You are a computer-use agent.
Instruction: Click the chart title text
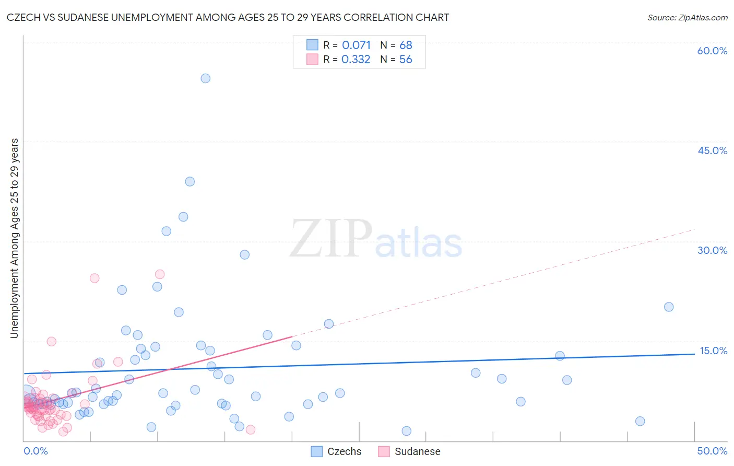point(228,17)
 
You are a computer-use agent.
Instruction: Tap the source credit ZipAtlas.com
point(687,17)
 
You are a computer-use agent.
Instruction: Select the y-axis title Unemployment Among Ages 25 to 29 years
point(14,238)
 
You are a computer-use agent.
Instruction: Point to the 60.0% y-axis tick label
point(712,51)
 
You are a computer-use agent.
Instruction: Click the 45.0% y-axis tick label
point(712,150)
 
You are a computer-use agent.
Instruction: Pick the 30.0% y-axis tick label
point(712,250)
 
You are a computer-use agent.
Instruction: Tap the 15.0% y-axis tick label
point(713,351)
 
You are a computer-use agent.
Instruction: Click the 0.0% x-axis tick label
point(35,451)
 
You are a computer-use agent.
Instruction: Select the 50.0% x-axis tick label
point(712,451)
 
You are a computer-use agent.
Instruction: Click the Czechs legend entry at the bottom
point(336,451)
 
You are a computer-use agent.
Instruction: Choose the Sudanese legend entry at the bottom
point(409,451)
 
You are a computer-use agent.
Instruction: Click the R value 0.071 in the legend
point(356,45)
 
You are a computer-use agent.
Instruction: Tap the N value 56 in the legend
point(406,60)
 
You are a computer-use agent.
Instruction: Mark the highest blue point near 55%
point(206,78)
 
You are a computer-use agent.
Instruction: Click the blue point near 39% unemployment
point(190,182)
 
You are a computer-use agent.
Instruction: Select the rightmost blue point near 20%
point(669,307)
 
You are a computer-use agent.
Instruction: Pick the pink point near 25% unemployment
point(160,274)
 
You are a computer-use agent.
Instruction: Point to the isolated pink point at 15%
point(52,342)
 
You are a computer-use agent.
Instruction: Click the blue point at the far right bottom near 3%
point(640,422)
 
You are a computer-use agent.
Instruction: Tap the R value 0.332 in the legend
point(356,60)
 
